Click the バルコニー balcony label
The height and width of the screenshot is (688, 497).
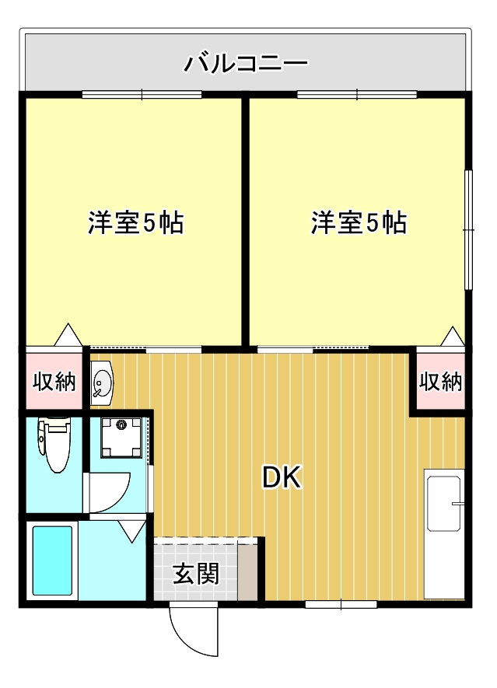(246, 62)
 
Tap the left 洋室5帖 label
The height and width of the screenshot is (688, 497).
(135, 224)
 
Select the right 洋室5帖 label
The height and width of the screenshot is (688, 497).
(359, 224)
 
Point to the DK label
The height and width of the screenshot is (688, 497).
(282, 477)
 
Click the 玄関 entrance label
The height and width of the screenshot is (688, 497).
(195, 574)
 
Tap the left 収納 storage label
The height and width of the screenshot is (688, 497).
(54, 382)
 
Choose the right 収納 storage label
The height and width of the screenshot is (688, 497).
(440, 382)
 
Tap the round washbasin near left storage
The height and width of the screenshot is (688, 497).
(102, 382)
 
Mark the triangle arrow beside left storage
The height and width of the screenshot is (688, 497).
(67, 335)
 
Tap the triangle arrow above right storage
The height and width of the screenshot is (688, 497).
(452, 337)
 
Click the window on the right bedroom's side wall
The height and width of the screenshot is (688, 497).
(468, 229)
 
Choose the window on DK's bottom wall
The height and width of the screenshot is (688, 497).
(341, 604)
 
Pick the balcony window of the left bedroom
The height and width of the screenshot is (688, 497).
(142, 95)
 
